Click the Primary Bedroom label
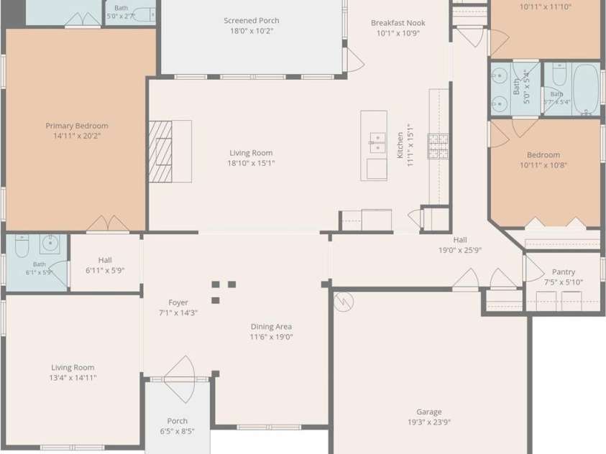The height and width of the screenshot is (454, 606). click(x=77, y=126)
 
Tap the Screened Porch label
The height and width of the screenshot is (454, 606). click(x=251, y=21)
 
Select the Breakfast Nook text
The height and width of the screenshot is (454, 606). click(x=398, y=23)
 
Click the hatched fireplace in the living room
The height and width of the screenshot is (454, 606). click(x=160, y=152)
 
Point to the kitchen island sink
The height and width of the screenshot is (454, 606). click(x=377, y=142)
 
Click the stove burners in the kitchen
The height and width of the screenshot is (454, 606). click(x=438, y=147)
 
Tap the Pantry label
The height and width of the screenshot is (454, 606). click(x=564, y=272)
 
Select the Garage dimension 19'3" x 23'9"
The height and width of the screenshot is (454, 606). click(x=429, y=422)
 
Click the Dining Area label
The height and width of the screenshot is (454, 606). click(x=271, y=327)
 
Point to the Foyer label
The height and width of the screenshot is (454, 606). click(x=178, y=302)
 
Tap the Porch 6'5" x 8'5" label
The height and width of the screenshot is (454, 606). click(x=177, y=426)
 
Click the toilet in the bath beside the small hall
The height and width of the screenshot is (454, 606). click(x=22, y=246)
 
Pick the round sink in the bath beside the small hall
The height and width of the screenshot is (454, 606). click(x=50, y=244)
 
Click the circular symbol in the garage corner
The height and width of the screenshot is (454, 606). click(x=344, y=302)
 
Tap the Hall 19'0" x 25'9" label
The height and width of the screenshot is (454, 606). click(x=460, y=245)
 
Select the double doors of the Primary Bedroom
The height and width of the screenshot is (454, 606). click(x=108, y=224)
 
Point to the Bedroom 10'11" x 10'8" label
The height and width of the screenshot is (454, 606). click(x=543, y=159)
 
